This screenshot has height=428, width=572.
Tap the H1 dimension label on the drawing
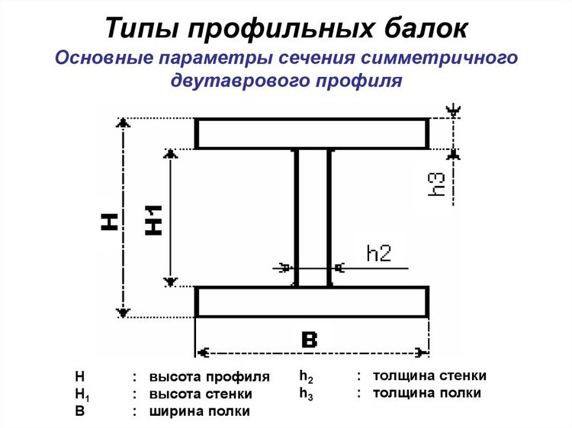click(153, 220)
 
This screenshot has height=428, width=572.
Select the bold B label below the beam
click(310, 340)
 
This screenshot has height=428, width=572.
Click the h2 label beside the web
click(379, 253)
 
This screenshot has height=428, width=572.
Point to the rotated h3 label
click(437, 184)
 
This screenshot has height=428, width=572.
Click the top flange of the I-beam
click(312, 134)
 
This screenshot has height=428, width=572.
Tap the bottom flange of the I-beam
click(312, 302)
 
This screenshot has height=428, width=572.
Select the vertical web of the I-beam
click(313, 218)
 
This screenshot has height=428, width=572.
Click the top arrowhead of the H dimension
click(124, 123)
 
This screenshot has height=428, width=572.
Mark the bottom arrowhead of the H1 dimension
click(170, 282)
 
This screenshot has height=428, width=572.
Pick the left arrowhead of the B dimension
click(202, 353)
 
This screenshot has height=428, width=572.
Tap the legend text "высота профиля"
click(210, 377)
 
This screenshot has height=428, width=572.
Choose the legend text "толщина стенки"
click(429, 375)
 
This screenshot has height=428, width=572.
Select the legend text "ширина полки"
click(200, 411)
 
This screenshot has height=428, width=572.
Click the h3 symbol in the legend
click(306, 394)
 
